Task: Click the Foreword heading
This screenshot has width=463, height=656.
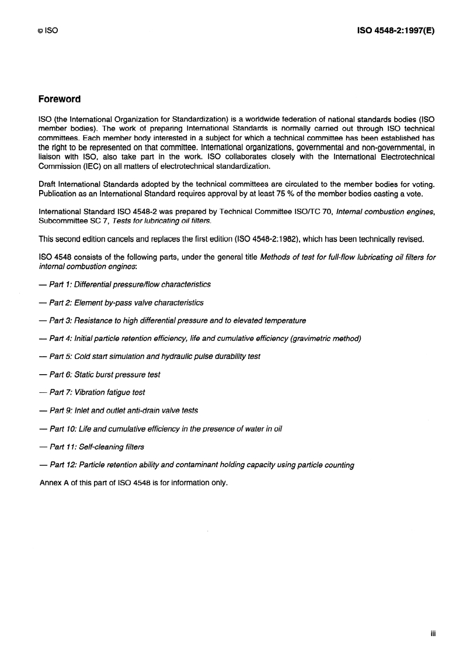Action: [59, 99]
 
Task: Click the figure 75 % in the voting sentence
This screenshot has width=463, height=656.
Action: [269, 193]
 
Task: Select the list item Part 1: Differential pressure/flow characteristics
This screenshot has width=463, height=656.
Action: [124, 284]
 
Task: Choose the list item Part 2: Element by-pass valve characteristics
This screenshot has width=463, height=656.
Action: [121, 302]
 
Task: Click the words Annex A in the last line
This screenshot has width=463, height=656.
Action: [54, 483]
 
